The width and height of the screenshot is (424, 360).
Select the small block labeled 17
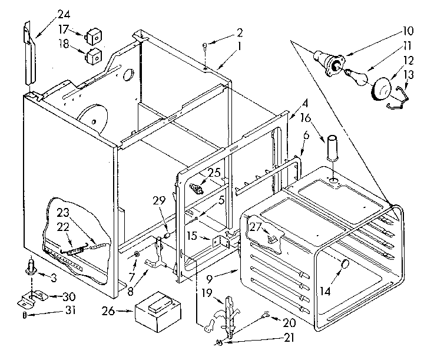coord(93,35)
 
